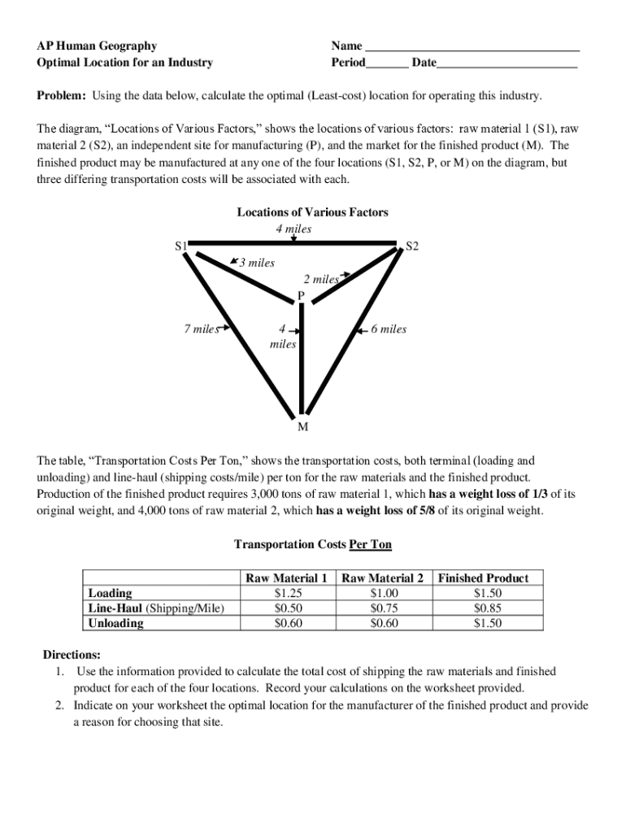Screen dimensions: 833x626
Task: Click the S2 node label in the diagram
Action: pyautogui.click(x=412, y=246)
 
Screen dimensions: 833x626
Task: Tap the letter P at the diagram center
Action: pyautogui.click(x=301, y=295)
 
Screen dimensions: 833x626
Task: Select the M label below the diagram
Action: pyautogui.click(x=302, y=426)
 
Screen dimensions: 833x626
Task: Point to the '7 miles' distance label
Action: pyautogui.click(x=201, y=329)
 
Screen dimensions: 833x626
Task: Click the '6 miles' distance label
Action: pyautogui.click(x=388, y=329)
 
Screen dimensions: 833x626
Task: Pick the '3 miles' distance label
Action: pyautogui.click(x=256, y=263)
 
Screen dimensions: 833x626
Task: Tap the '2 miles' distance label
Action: pyautogui.click(x=321, y=280)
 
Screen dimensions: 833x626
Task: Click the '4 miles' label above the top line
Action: pyautogui.click(x=293, y=229)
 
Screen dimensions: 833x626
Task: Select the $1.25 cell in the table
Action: pyautogui.click(x=289, y=593)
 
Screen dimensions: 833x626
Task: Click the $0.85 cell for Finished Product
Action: pyautogui.click(x=487, y=608)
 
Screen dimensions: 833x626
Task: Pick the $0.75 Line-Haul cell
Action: pyautogui.click(x=384, y=608)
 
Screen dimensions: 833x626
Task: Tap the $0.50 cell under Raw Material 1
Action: pyautogui.click(x=289, y=608)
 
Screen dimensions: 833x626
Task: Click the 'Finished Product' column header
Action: pyautogui.click(x=483, y=578)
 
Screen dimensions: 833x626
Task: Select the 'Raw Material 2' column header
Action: pyautogui.click(x=383, y=578)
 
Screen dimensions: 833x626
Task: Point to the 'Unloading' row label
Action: pyautogui.click(x=115, y=624)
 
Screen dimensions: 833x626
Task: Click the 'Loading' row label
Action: pyautogui.click(x=110, y=593)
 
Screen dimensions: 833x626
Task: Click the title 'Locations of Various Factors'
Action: pyautogui.click(x=312, y=212)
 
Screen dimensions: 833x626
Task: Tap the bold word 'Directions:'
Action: pyautogui.click(x=72, y=655)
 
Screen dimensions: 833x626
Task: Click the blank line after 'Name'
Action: pyautogui.click(x=472, y=46)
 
